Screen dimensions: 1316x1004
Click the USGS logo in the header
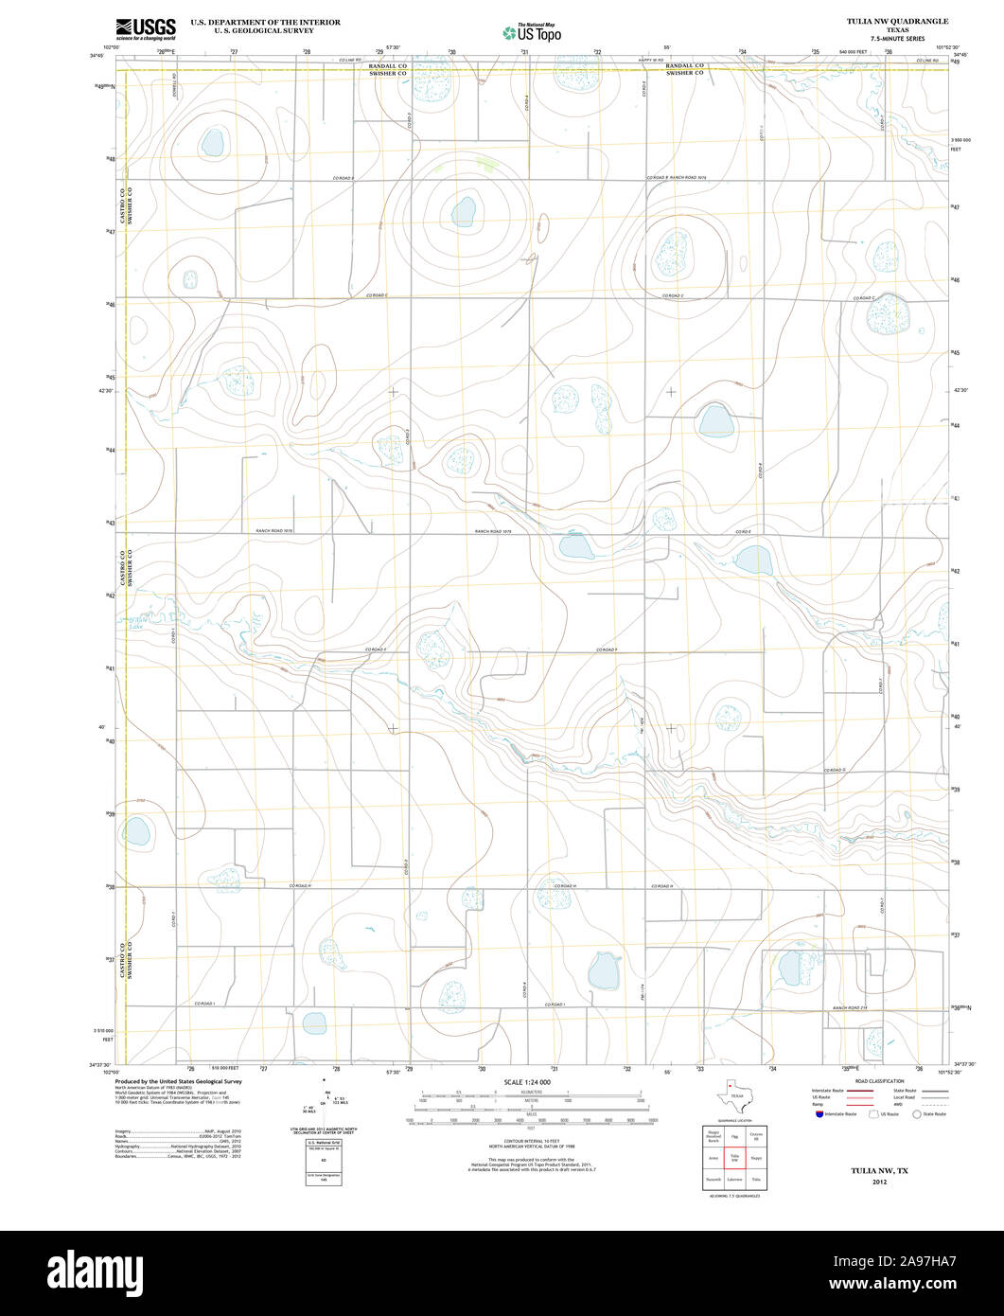(x=145, y=29)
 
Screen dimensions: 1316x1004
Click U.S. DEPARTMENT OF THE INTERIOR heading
(x=265, y=21)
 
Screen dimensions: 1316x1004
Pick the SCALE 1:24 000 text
(x=527, y=1081)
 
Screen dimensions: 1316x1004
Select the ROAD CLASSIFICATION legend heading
(x=879, y=1081)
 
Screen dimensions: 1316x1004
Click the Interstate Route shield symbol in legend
(x=819, y=1114)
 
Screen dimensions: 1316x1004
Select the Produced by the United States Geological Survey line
(x=178, y=1081)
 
